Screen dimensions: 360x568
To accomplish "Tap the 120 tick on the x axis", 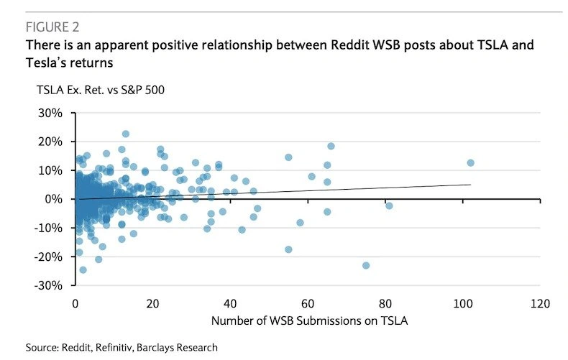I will click(541, 303).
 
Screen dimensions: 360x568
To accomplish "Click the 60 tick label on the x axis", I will click(308, 303).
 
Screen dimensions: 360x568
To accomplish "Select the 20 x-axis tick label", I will click(152, 303).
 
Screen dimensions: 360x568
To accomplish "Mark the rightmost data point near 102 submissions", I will click(470, 163).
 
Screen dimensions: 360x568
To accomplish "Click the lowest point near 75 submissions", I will click(366, 265).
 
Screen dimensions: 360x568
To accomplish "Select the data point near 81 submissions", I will click(389, 206).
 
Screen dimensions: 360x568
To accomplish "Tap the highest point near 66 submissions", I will click(331, 146).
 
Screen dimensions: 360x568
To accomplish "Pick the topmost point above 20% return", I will click(125, 134).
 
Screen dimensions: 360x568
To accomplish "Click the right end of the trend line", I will click(470, 185).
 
